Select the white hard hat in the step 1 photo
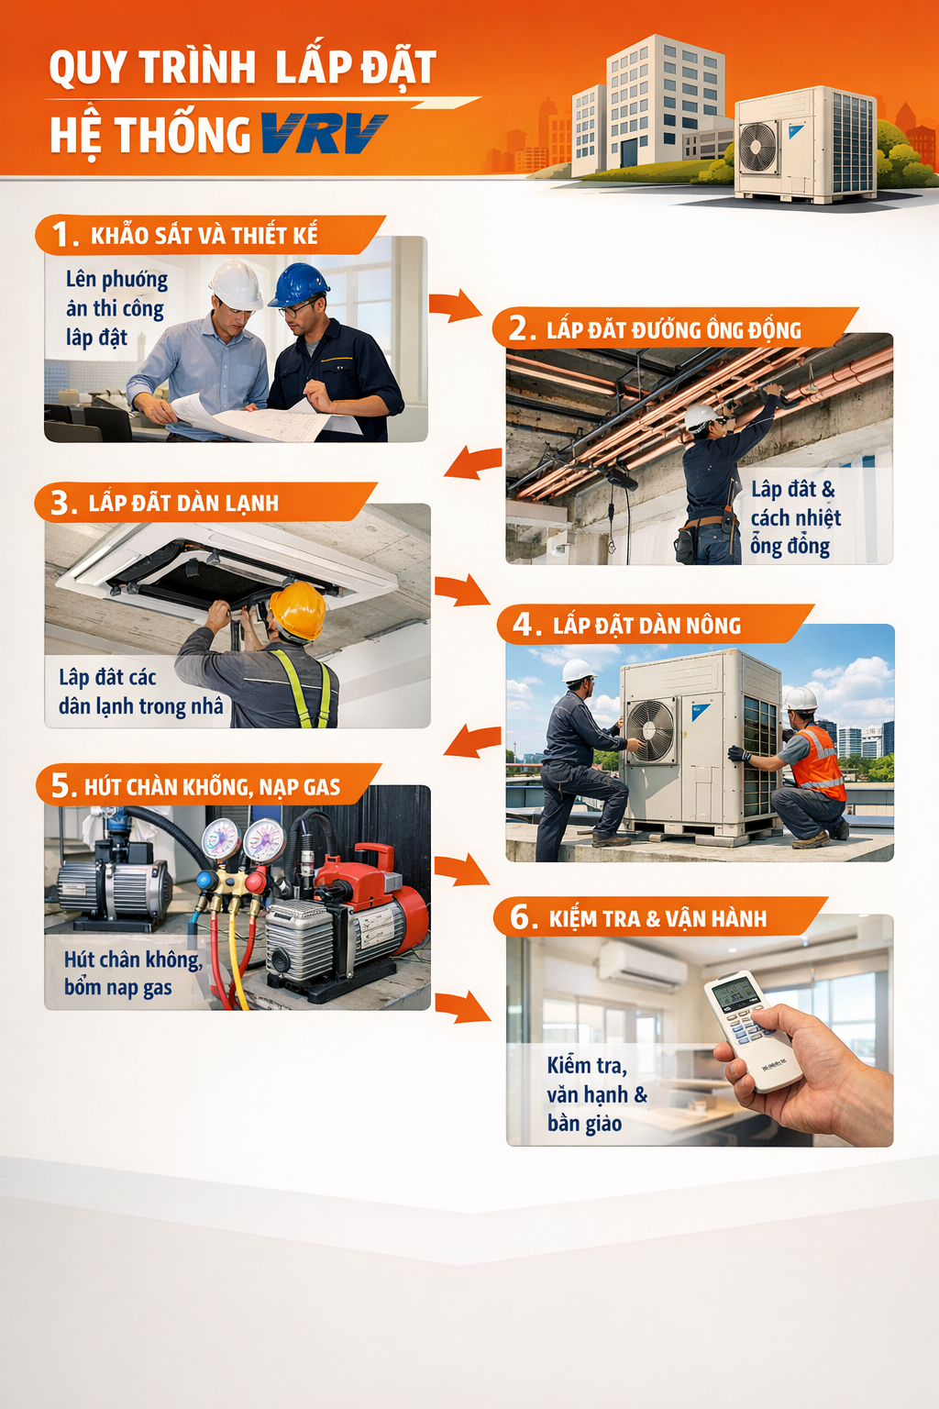(x=236, y=285)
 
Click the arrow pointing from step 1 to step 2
(x=455, y=305)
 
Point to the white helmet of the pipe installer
(x=702, y=416)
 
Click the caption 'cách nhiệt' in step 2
(x=796, y=517)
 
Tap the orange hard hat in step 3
(x=297, y=609)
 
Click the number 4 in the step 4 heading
(x=524, y=624)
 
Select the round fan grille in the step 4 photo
(x=650, y=730)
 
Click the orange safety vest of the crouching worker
(x=819, y=763)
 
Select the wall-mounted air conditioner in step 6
(x=642, y=963)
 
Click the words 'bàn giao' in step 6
(x=584, y=1124)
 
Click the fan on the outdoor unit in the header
(x=757, y=148)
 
